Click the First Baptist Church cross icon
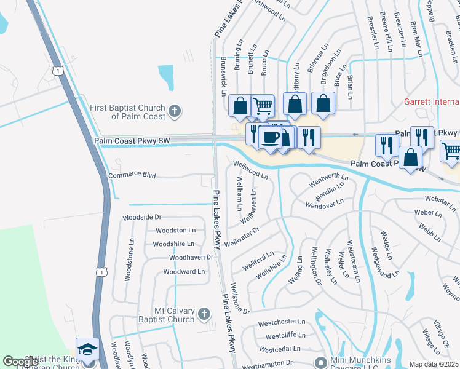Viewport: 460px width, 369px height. coord(175,111)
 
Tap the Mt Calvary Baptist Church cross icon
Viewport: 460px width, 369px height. coord(205,315)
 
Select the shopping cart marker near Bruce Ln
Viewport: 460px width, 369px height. coord(263,105)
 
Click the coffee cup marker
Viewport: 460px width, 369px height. coord(271,137)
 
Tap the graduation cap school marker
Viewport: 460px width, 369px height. coord(87,349)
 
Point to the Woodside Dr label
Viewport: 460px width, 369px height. coord(141,217)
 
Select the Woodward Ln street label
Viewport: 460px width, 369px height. coord(184,271)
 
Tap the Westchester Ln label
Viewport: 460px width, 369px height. coord(282,322)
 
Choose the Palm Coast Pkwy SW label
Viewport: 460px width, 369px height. coord(132,141)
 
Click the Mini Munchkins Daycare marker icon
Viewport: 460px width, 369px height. coord(319,362)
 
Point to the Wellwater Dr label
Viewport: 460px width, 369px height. coord(242,234)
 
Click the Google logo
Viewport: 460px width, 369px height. coord(21,362)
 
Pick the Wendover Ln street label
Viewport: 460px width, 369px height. coord(325,203)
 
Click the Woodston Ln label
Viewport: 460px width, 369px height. coord(175,230)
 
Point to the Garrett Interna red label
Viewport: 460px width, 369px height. coord(431,101)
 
